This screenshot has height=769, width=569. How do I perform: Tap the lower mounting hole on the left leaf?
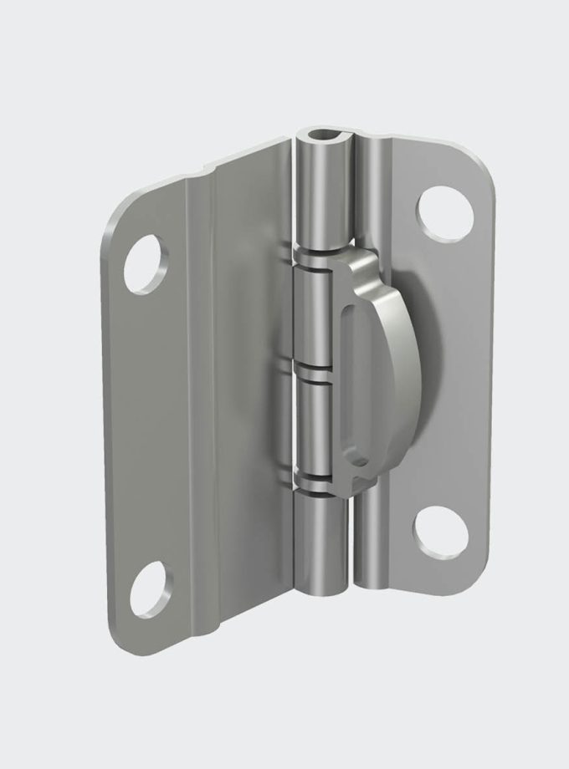[x=153, y=586]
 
